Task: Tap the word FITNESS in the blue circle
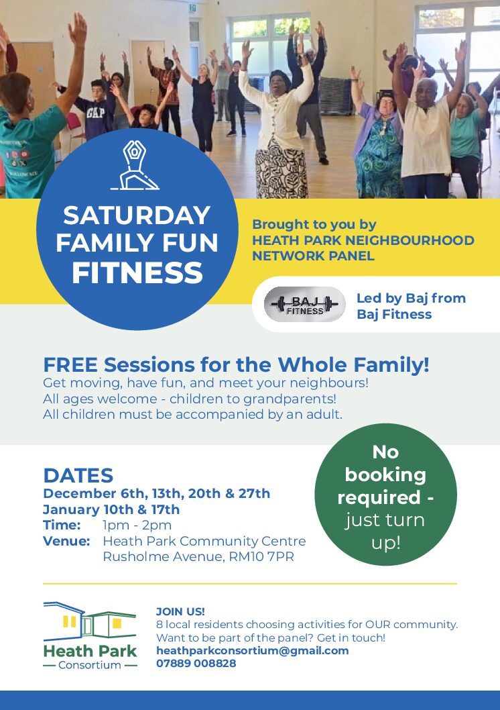coord(137,273)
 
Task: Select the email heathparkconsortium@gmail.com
coord(252,650)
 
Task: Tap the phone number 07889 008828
coord(196,663)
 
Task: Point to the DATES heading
coord(78,476)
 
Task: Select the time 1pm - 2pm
coord(137,525)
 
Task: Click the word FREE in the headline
coord(70,365)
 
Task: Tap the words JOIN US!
coord(180,611)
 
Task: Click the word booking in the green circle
coord(385,474)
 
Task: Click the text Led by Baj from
coord(411,298)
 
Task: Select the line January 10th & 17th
coord(111,509)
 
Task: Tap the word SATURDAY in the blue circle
coord(137,215)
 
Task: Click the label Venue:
coord(66,541)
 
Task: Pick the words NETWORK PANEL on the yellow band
coord(313,256)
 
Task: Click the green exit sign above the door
coord(193,8)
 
